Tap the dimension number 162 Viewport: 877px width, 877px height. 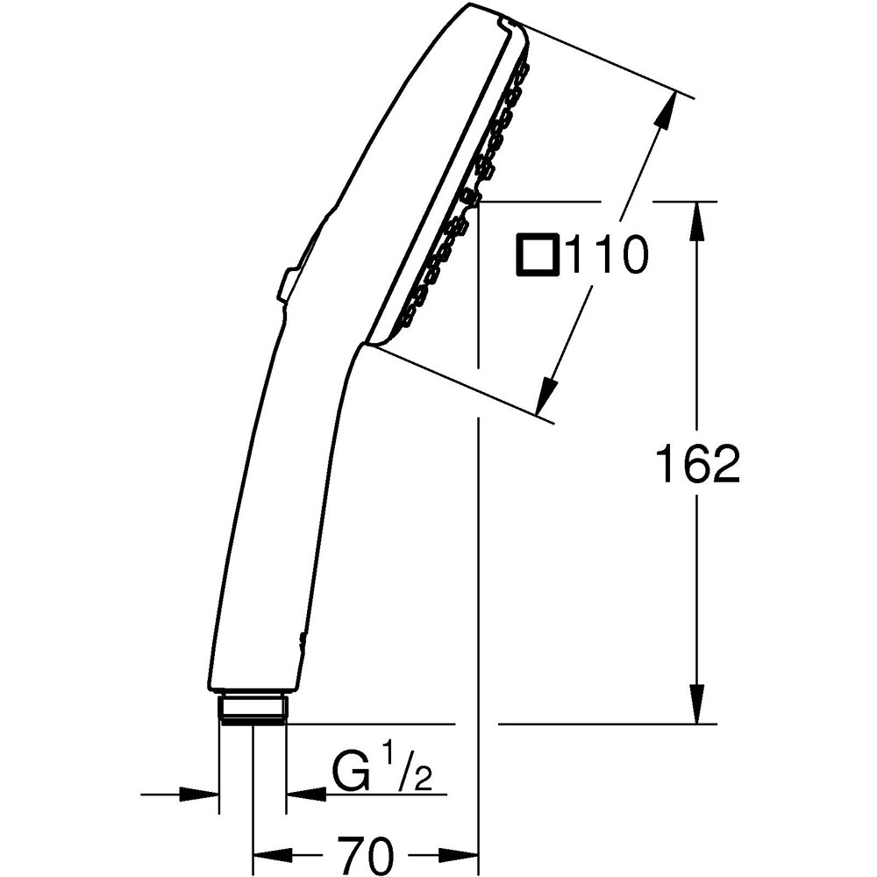point(697,464)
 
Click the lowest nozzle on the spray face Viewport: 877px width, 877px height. point(404,314)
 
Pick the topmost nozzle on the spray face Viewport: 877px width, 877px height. point(524,68)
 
